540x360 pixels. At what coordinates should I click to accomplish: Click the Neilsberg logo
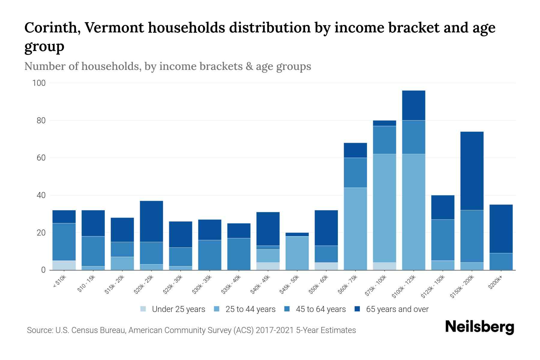(479, 327)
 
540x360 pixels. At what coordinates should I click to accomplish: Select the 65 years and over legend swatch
(357, 309)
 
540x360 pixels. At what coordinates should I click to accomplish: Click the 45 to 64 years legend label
(320, 309)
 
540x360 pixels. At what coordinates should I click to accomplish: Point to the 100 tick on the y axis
(39, 83)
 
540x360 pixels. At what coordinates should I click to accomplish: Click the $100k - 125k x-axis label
(404, 286)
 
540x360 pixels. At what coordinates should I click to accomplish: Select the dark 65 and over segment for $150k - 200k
(472, 171)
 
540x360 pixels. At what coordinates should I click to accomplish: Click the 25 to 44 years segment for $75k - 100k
(385, 208)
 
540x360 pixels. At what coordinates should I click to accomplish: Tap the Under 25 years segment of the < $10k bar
(64, 265)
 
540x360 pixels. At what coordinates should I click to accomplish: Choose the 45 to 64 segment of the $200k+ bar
(501, 262)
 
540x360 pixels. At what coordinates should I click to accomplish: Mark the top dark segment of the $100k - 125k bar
(414, 105)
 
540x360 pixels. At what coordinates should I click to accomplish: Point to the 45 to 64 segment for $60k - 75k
(355, 173)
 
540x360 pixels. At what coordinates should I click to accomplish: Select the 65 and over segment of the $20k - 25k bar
(151, 221)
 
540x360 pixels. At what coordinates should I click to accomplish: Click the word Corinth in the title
(52, 28)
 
